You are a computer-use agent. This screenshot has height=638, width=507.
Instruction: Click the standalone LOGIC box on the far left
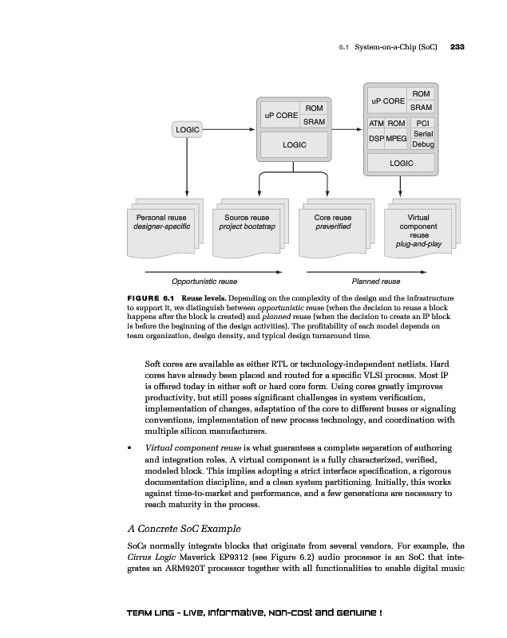point(186,128)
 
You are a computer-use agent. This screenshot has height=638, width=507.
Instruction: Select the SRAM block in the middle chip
point(314,121)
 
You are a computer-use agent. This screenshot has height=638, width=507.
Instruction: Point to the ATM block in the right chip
point(376,124)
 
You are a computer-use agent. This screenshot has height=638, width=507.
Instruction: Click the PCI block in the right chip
point(423,124)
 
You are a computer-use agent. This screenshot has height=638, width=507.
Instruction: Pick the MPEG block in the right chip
point(397,139)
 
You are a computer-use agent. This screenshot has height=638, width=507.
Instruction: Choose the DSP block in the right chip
point(376,139)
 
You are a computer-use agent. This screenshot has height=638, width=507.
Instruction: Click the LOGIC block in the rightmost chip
point(401,163)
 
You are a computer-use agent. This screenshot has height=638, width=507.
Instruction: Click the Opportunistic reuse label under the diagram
point(204,282)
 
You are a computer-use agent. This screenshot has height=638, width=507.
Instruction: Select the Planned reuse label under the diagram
point(376,282)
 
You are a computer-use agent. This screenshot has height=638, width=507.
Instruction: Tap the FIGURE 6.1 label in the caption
point(152,297)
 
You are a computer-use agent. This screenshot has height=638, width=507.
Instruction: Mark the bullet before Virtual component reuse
point(130,448)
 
